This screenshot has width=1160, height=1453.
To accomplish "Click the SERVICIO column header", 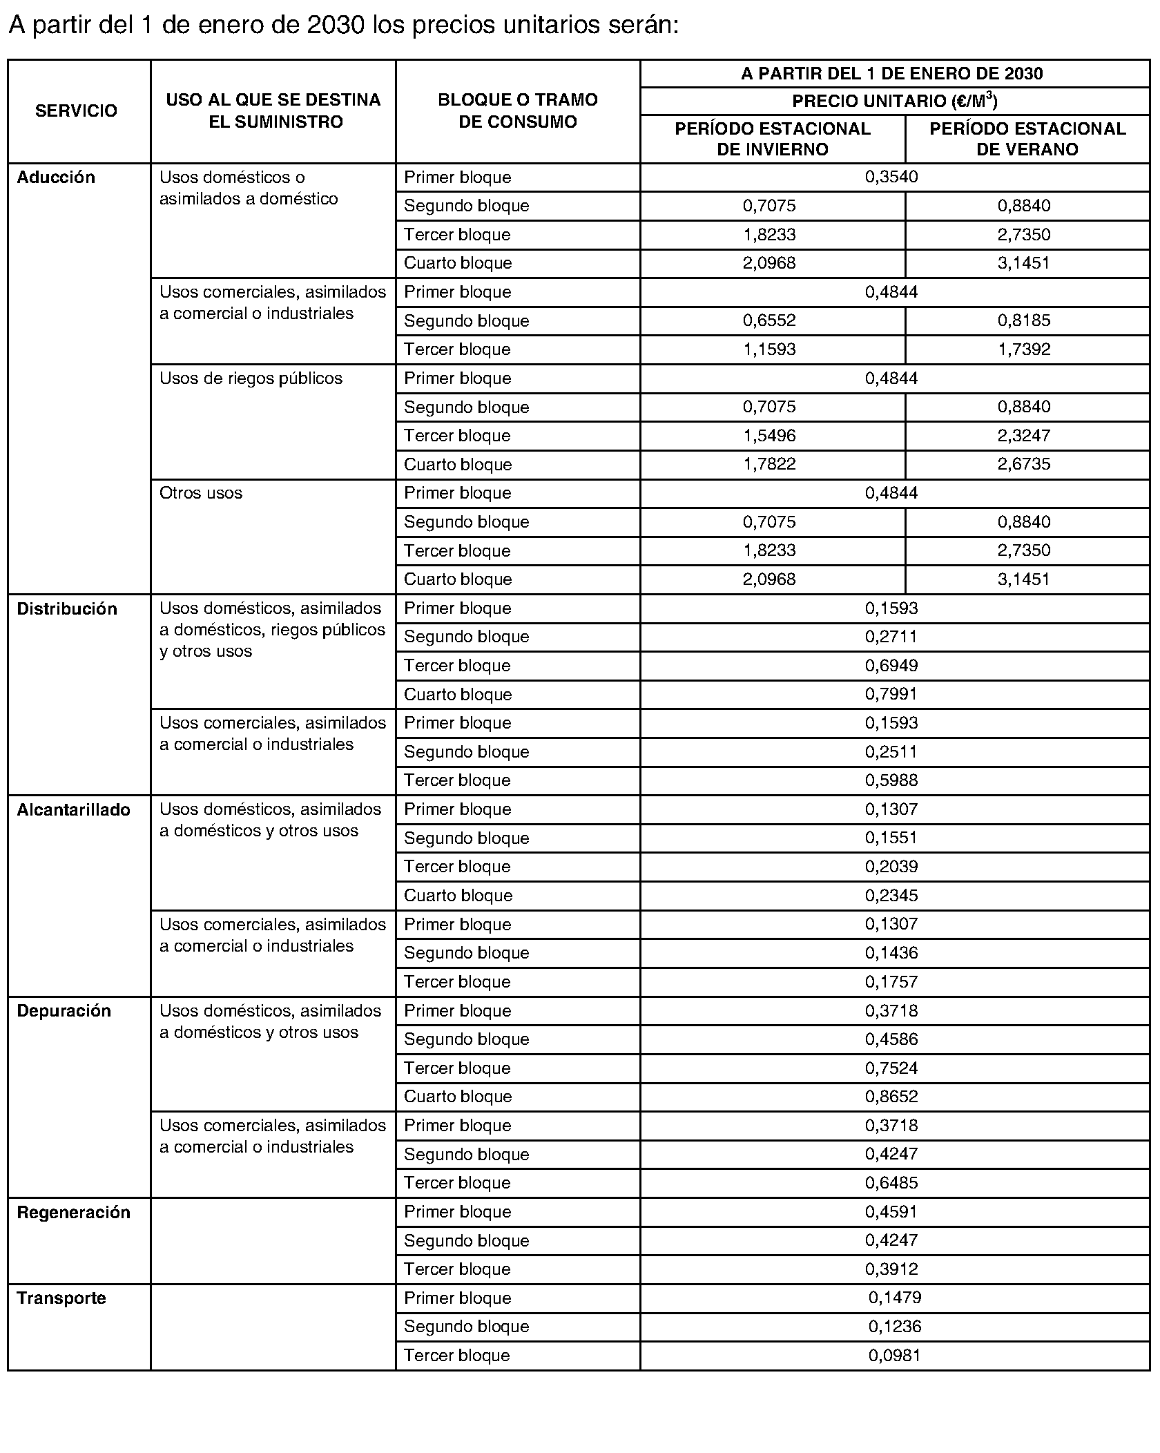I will (76, 110).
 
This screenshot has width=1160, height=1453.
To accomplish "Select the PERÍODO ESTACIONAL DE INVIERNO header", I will (772, 139).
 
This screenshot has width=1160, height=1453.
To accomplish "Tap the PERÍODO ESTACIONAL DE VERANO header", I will (1027, 139).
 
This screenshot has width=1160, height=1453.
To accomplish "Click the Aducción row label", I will (56, 177).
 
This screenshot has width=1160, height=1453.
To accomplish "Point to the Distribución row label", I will (67, 608).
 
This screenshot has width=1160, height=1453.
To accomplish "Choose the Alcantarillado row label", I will (73, 809).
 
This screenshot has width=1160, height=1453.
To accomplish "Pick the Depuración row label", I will (64, 1010).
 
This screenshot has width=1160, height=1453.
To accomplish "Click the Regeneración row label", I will (73, 1212).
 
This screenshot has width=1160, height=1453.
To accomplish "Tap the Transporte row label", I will (61, 1298).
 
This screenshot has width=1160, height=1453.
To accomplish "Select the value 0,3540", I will (891, 177).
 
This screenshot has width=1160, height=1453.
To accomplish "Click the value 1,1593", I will (769, 349).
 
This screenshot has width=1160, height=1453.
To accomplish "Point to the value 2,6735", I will (1024, 464).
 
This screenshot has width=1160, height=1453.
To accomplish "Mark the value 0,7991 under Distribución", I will (891, 694).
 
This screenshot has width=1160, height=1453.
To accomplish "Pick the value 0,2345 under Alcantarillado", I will (891, 896).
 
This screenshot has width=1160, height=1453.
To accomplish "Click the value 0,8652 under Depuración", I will (891, 1097).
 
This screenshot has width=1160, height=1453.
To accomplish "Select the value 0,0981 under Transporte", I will (895, 1355).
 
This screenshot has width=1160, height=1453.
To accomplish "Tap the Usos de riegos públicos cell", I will (251, 378).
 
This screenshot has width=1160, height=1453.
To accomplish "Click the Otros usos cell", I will (201, 493).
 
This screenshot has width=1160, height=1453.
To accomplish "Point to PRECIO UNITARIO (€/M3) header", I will (894, 102).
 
